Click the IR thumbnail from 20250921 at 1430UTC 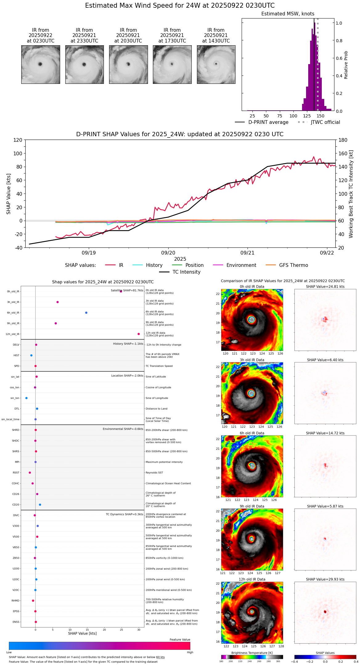point(216,64)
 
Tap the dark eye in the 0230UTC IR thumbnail point(40,64)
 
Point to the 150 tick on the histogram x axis point(321,116)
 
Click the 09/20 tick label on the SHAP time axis point(168,253)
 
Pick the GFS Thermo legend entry point(293,265)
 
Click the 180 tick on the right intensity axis point(343,140)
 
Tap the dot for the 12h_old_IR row point(139,334)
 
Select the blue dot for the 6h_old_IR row point(86,313)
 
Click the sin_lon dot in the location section point(27,398)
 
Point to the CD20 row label point(16,505)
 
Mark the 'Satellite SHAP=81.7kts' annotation point(127,291)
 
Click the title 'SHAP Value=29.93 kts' point(325,579)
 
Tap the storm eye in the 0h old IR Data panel point(252,320)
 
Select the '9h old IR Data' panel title point(252,506)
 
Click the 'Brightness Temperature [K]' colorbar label point(252,653)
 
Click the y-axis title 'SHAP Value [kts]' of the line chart point(9,194)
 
